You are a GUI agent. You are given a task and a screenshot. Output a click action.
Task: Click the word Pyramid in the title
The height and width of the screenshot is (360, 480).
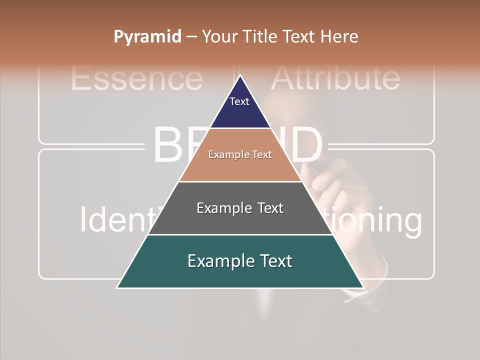[147, 36]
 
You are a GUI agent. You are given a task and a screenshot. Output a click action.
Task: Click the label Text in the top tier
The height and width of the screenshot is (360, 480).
[239, 101]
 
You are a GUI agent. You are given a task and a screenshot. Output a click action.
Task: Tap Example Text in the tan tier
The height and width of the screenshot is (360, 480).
[240, 154]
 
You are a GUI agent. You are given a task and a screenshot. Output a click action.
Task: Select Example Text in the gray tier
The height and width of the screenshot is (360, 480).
[240, 208]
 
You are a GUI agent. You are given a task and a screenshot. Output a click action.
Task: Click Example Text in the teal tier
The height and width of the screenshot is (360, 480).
[240, 261]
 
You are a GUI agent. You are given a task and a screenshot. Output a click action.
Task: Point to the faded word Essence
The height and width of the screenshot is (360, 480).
[136, 78]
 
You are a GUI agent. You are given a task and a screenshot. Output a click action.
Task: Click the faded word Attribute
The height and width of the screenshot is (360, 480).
[335, 77]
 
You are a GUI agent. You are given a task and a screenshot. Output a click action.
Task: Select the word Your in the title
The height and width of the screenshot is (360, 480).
[218, 36]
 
